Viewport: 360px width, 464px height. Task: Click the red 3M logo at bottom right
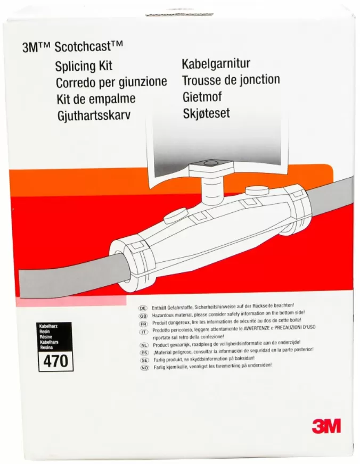point(326,426)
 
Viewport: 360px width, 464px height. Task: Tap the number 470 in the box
point(56,361)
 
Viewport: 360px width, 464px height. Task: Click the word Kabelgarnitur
point(216,64)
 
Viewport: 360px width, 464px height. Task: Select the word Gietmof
point(202,97)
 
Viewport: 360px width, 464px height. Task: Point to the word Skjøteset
point(206,113)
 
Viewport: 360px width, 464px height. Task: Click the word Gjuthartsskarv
point(94,115)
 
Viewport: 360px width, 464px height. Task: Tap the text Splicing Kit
point(84,66)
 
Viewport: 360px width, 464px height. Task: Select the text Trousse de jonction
point(231,80)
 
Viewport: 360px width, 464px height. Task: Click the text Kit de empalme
point(96,98)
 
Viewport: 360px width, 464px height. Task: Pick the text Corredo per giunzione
point(111,82)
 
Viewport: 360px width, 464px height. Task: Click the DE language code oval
point(143,308)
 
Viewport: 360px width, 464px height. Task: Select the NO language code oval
point(145,368)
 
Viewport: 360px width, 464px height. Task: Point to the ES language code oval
point(144,353)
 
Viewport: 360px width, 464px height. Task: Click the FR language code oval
point(143,324)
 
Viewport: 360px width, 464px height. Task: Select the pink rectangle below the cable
point(71,301)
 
